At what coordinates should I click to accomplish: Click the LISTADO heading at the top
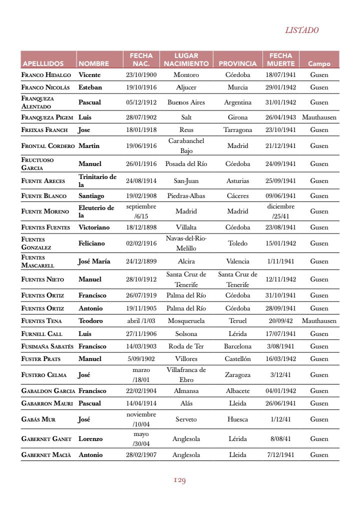click(x=301, y=30)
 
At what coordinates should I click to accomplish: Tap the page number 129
click(x=179, y=480)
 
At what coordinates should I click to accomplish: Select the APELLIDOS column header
click(x=43, y=64)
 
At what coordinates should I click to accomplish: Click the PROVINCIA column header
click(x=237, y=64)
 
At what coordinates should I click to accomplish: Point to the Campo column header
click(x=319, y=64)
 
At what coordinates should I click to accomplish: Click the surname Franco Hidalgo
click(x=46, y=75)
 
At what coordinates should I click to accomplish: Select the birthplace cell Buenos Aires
click(x=186, y=102)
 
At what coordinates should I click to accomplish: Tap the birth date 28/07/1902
click(x=141, y=117)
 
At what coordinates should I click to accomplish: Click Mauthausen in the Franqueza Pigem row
click(x=319, y=117)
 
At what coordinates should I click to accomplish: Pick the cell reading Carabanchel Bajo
click(x=186, y=145)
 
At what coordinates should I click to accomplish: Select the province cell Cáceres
click(x=237, y=196)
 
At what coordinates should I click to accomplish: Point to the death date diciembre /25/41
click(x=280, y=211)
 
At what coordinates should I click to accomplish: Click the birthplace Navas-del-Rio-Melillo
click(x=186, y=243)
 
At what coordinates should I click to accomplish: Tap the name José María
click(x=94, y=261)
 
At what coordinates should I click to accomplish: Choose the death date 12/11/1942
click(x=280, y=279)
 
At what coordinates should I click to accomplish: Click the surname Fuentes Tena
click(x=41, y=321)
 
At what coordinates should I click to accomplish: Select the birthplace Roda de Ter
click(x=186, y=346)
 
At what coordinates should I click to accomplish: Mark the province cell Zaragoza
click(x=237, y=374)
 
